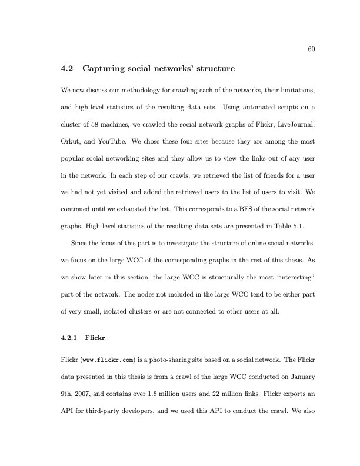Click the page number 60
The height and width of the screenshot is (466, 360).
[x=311, y=49]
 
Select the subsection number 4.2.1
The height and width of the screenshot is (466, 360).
[x=72, y=338]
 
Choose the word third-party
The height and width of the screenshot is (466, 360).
[x=95, y=410]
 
